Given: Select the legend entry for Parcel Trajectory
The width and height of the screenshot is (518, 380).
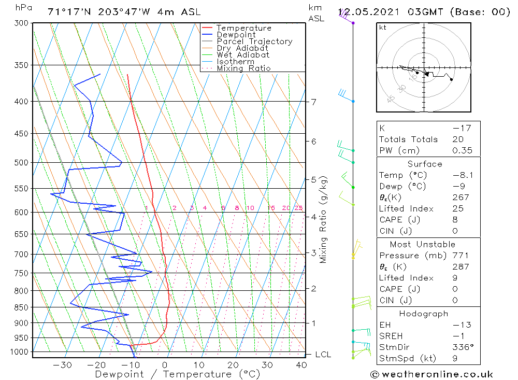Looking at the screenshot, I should tap(254, 41).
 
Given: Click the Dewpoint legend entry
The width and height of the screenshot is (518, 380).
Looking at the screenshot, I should tap(236, 35).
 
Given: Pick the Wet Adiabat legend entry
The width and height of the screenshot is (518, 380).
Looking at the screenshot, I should tap(242, 55).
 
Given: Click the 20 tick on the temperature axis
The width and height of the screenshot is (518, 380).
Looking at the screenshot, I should tap(233, 365).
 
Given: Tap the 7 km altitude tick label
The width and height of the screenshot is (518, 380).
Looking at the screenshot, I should tap(314, 102).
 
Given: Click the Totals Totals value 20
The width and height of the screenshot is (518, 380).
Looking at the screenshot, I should tap(457, 139).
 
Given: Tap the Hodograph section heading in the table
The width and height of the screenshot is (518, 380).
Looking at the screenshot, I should tap(424, 314).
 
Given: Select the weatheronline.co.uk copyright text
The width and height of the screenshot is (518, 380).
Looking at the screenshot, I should tap(432, 374).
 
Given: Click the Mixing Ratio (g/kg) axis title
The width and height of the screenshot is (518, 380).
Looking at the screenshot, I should tap(324, 219).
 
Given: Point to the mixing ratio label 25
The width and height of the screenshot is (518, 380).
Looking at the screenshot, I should tap(298, 208).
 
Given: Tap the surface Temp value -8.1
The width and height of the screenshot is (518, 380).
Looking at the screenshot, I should tap(459, 175).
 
